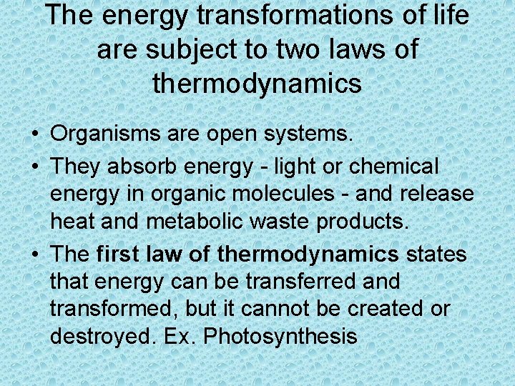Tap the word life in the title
(x=449, y=16)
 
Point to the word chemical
(x=394, y=167)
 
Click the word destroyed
(x=99, y=336)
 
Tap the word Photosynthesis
(x=280, y=336)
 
